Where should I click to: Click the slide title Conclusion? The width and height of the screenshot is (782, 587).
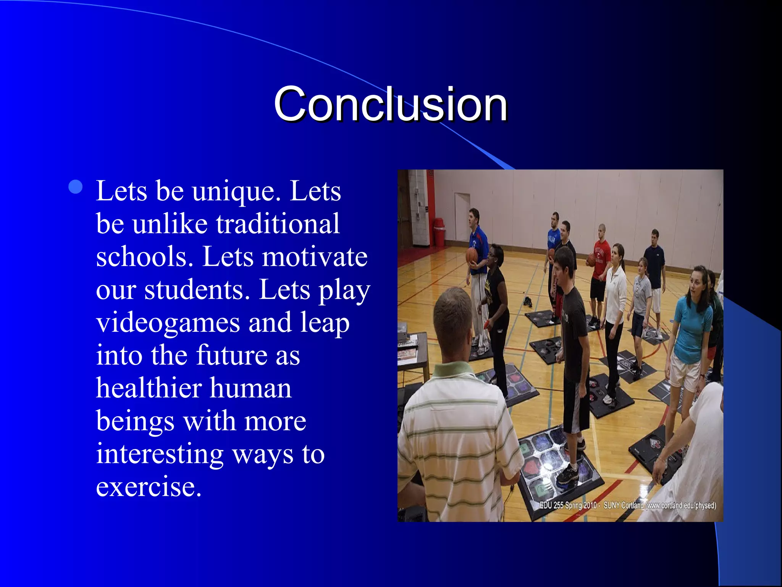pyautogui.click(x=390, y=104)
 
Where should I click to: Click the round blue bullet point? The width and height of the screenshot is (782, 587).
pyautogui.click(x=76, y=187)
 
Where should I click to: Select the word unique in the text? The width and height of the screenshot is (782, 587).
pyautogui.click(x=233, y=191)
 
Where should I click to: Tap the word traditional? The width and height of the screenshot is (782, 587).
pyautogui.click(x=278, y=224)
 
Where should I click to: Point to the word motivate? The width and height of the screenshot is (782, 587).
pyautogui.click(x=314, y=257)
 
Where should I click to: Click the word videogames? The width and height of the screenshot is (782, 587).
pyautogui.click(x=168, y=323)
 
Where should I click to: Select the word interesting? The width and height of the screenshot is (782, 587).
pyautogui.click(x=159, y=454)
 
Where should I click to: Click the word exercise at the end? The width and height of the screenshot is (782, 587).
pyautogui.click(x=148, y=487)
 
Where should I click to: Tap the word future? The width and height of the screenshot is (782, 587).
pyautogui.click(x=231, y=355)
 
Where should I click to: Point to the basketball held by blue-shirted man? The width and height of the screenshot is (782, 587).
pyautogui.click(x=472, y=255)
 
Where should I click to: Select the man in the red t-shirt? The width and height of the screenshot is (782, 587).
pyautogui.click(x=600, y=264)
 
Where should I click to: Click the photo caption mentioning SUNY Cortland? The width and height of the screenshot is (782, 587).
pyautogui.click(x=627, y=505)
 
